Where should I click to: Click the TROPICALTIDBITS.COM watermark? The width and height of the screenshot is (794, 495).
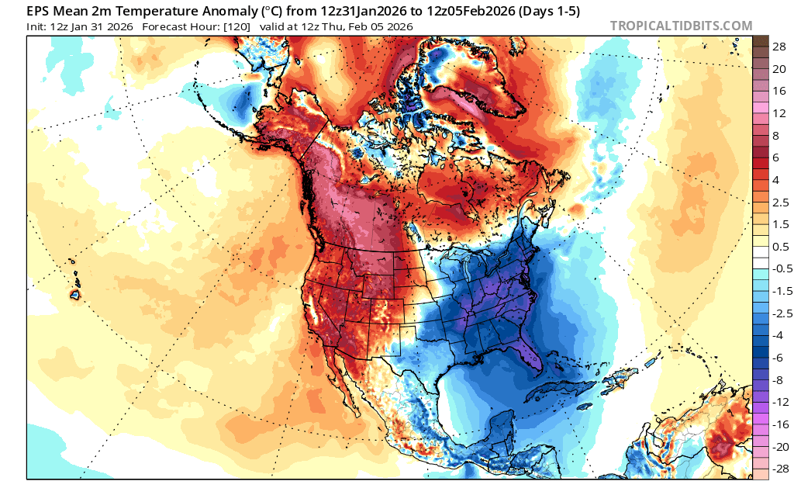coord(681,26)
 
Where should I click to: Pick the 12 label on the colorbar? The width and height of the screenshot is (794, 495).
coord(779,112)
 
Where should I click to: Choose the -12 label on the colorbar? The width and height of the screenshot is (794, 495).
coord(779,401)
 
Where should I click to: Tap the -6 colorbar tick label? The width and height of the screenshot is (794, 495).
coord(779,357)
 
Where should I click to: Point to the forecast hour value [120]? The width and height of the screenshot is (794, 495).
coord(234,26)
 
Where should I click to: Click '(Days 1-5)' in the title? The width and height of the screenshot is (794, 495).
coord(538,11)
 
